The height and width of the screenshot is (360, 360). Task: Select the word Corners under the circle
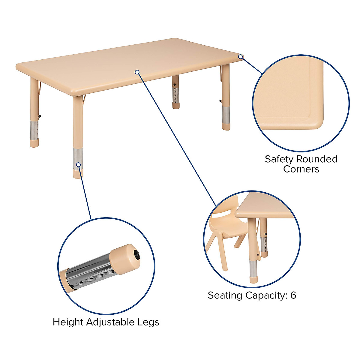tap(301, 169)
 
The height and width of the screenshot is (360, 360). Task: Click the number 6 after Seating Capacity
tap(293, 295)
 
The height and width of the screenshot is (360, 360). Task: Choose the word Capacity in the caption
tap(266, 295)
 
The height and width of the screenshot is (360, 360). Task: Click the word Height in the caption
tap(68, 322)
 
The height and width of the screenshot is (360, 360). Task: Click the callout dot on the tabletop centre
tap(137, 72)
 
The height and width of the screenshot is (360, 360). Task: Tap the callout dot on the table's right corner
tap(240, 57)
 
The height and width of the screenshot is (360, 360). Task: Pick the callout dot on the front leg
tap(78, 164)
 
